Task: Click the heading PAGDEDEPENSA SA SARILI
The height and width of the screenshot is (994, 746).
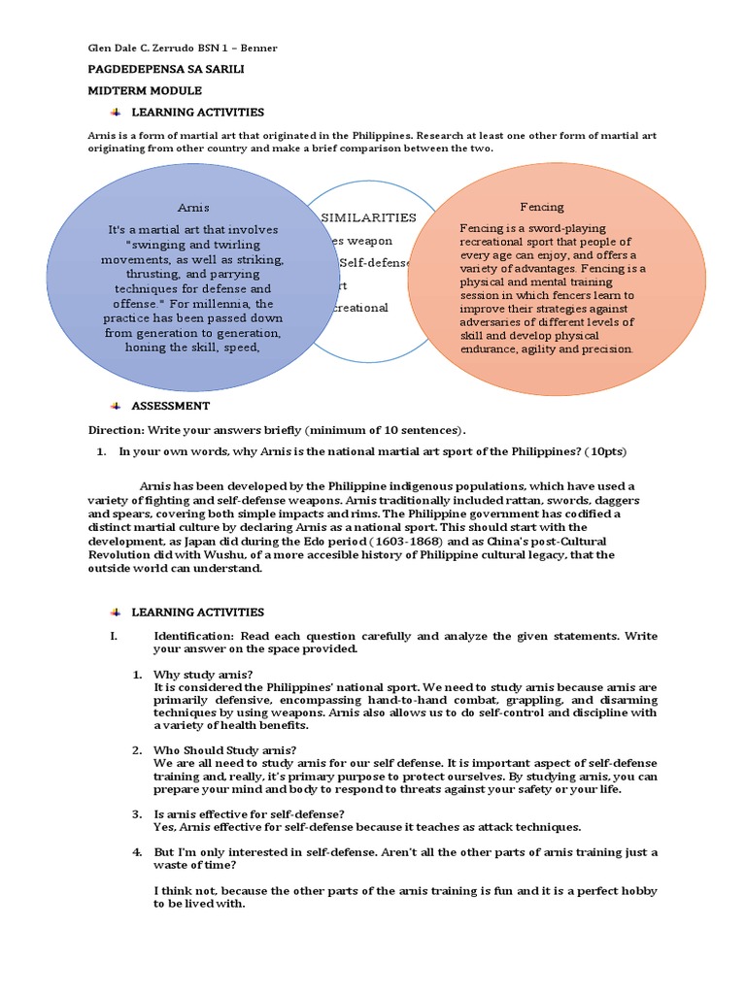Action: [x=153, y=71]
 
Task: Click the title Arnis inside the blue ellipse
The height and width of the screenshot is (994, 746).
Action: [x=193, y=208]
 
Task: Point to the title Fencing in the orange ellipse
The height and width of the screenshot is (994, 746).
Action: [x=541, y=207]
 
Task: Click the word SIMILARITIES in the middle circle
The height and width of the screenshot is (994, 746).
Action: [x=368, y=217]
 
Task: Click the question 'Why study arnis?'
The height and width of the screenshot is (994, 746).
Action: [x=204, y=674]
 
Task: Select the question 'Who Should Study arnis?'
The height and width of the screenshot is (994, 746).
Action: [x=225, y=749]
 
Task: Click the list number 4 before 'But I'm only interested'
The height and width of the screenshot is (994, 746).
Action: [x=137, y=851]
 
